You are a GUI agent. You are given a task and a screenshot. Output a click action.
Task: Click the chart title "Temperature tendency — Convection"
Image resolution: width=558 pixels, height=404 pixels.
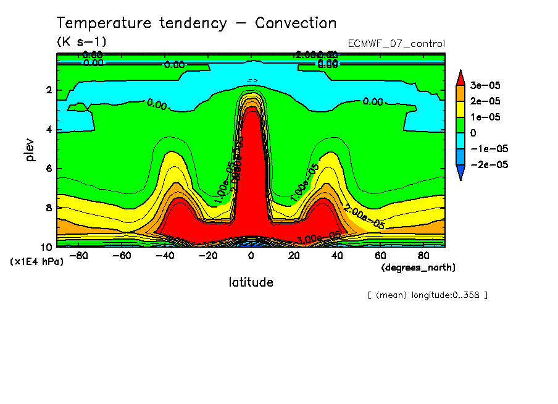click(197, 23)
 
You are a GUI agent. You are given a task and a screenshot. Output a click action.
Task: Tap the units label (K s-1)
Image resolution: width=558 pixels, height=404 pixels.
click(81, 42)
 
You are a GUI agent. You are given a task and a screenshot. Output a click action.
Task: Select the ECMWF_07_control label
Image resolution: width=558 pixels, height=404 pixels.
click(396, 44)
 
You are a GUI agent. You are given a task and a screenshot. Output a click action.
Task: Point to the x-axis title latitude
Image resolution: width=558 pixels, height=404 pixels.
click(251, 282)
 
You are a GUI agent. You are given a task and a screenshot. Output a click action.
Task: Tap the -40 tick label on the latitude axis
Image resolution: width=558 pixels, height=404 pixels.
click(164, 255)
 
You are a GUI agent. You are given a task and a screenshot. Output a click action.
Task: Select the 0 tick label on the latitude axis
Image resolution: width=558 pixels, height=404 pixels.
click(251, 255)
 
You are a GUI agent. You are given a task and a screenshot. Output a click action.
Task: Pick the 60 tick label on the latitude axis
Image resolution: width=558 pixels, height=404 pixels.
click(380, 255)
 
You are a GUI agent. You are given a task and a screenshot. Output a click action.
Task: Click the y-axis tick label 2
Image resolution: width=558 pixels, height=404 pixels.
click(48, 90)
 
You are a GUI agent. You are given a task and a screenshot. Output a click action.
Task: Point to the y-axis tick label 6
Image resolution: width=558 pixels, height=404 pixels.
click(48, 169)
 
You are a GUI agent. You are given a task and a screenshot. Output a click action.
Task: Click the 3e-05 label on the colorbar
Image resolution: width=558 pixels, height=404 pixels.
click(486, 85)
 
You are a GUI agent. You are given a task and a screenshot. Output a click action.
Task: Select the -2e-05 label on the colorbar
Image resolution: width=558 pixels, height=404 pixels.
click(488, 165)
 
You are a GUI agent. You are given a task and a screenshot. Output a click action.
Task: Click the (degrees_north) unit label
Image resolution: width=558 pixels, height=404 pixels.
click(418, 267)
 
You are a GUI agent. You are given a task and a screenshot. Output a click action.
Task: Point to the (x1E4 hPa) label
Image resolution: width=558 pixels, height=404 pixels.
click(37, 262)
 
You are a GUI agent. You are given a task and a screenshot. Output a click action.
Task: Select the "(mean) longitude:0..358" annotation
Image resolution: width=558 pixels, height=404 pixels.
click(427, 295)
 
